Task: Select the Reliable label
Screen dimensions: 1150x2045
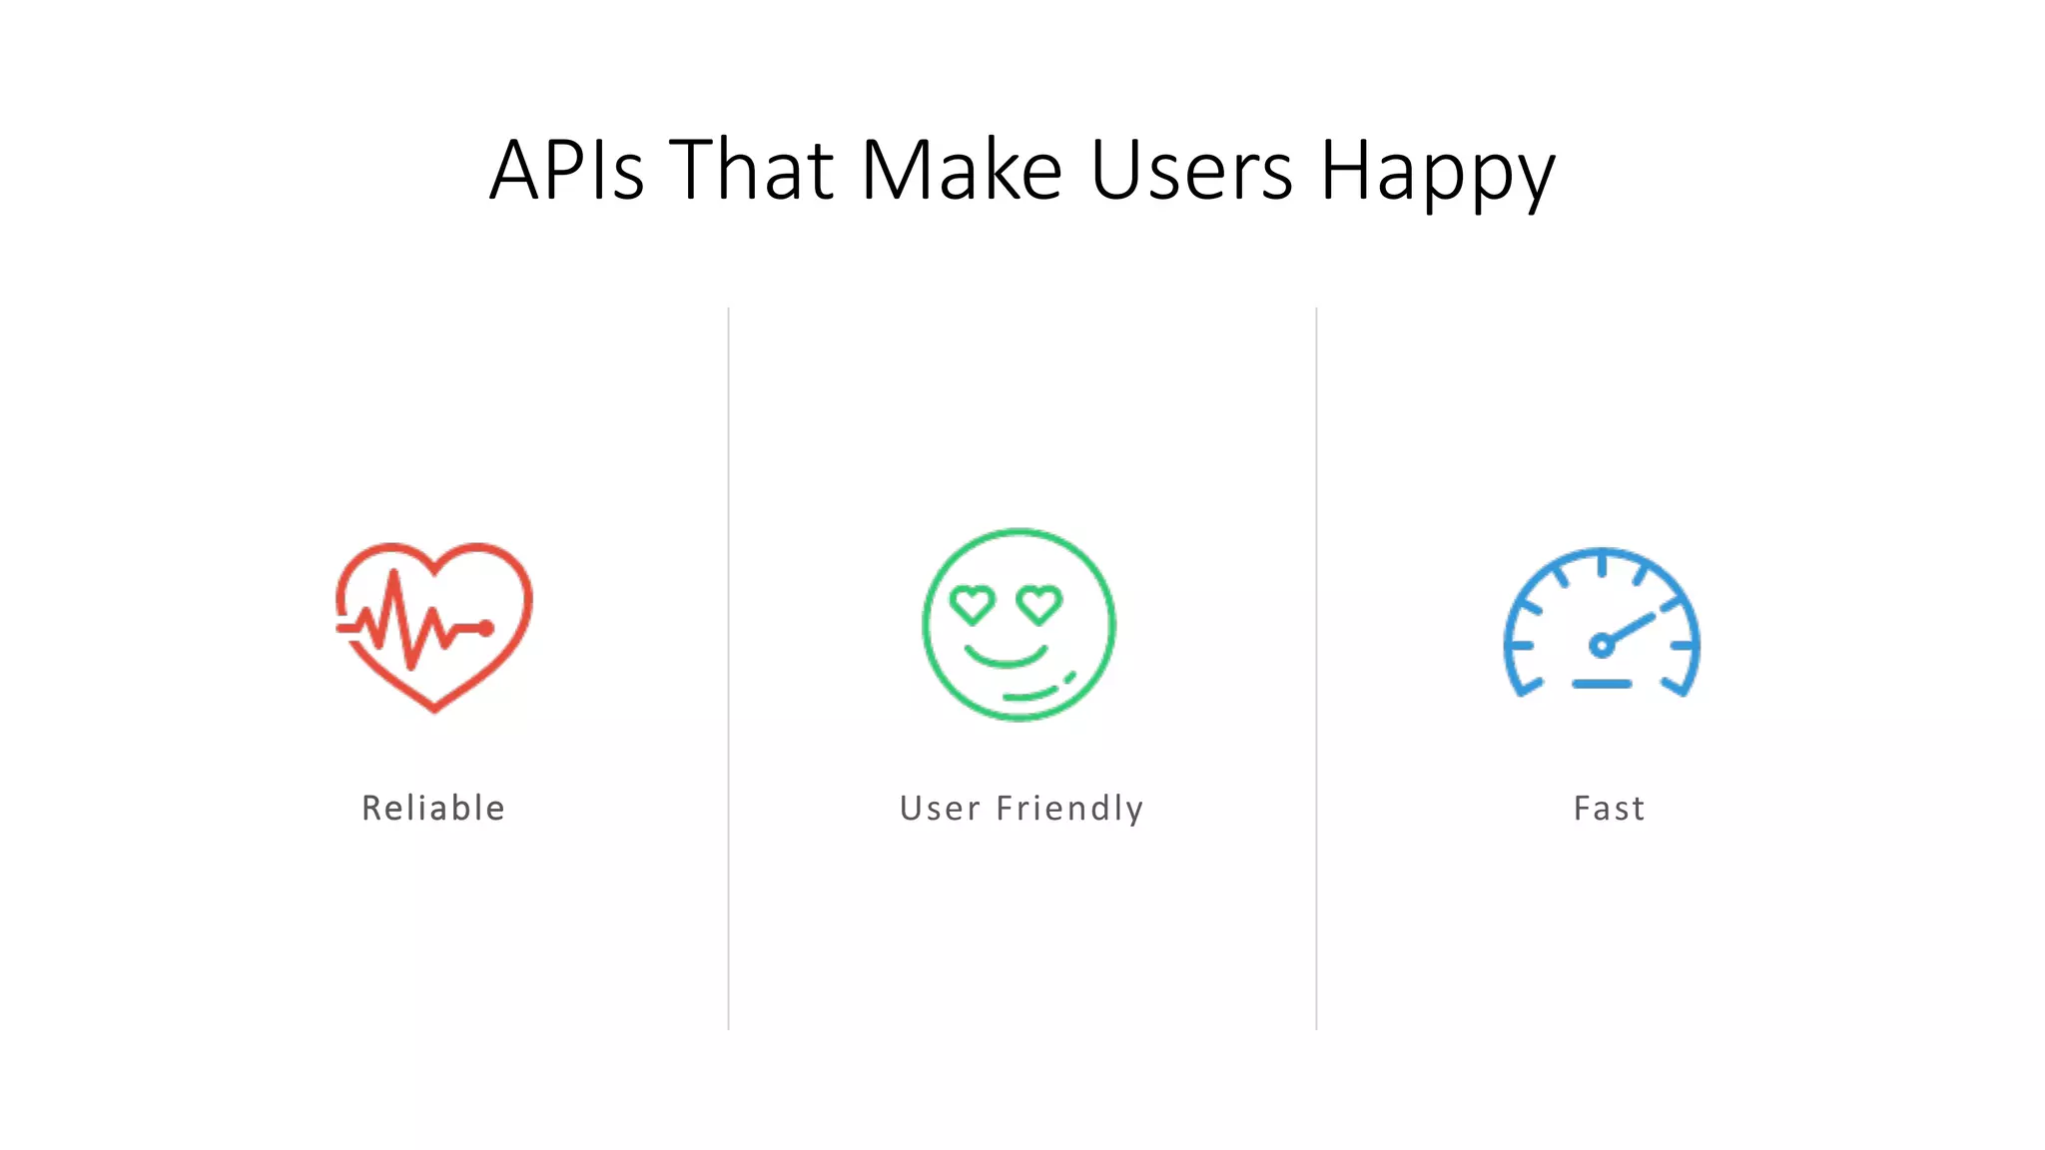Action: click(433, 808)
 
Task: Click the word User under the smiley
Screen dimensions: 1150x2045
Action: click(940, 808)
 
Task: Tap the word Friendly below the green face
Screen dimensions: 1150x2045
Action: click(1069, 808)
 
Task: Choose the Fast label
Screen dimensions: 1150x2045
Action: click(1609, 808)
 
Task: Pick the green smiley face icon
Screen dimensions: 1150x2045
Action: click(1019, 625)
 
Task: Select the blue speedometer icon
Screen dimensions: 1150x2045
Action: click(1602, 623)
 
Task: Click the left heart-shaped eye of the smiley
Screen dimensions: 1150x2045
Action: click(972, 604)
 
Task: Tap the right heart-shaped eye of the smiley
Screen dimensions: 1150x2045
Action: click(1039, 604)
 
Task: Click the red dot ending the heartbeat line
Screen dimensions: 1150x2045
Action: click(485, 628)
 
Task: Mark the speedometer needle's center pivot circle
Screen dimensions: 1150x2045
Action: click(1601, 645)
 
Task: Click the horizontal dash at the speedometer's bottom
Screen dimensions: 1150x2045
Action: click(1602, 684)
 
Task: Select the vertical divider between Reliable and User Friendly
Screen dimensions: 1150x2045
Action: click(729, 669)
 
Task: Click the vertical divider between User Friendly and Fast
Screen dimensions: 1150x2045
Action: click(1316, 669)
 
